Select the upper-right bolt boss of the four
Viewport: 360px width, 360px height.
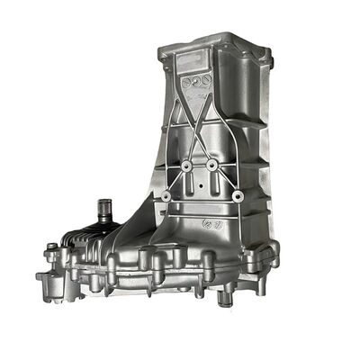coord(211,166)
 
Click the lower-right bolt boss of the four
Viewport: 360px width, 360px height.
coord(238,195)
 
